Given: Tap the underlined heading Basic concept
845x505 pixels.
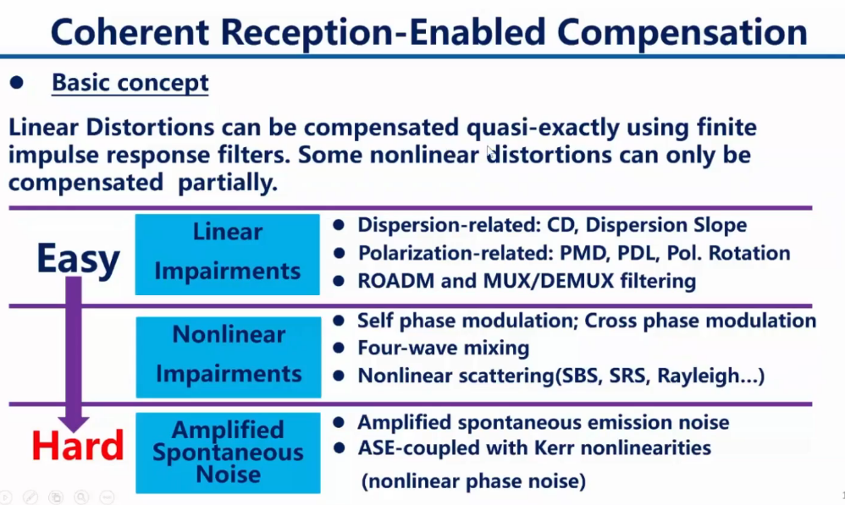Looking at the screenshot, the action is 130,83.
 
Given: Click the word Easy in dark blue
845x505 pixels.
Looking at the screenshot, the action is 77,259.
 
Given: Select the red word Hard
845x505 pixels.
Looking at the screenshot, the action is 78,445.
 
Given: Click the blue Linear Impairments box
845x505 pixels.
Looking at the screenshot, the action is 227,252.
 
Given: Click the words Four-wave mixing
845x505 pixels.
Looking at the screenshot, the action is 443,348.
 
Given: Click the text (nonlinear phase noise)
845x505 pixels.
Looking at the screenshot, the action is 472,481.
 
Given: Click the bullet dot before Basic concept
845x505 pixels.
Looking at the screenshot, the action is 17,83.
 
